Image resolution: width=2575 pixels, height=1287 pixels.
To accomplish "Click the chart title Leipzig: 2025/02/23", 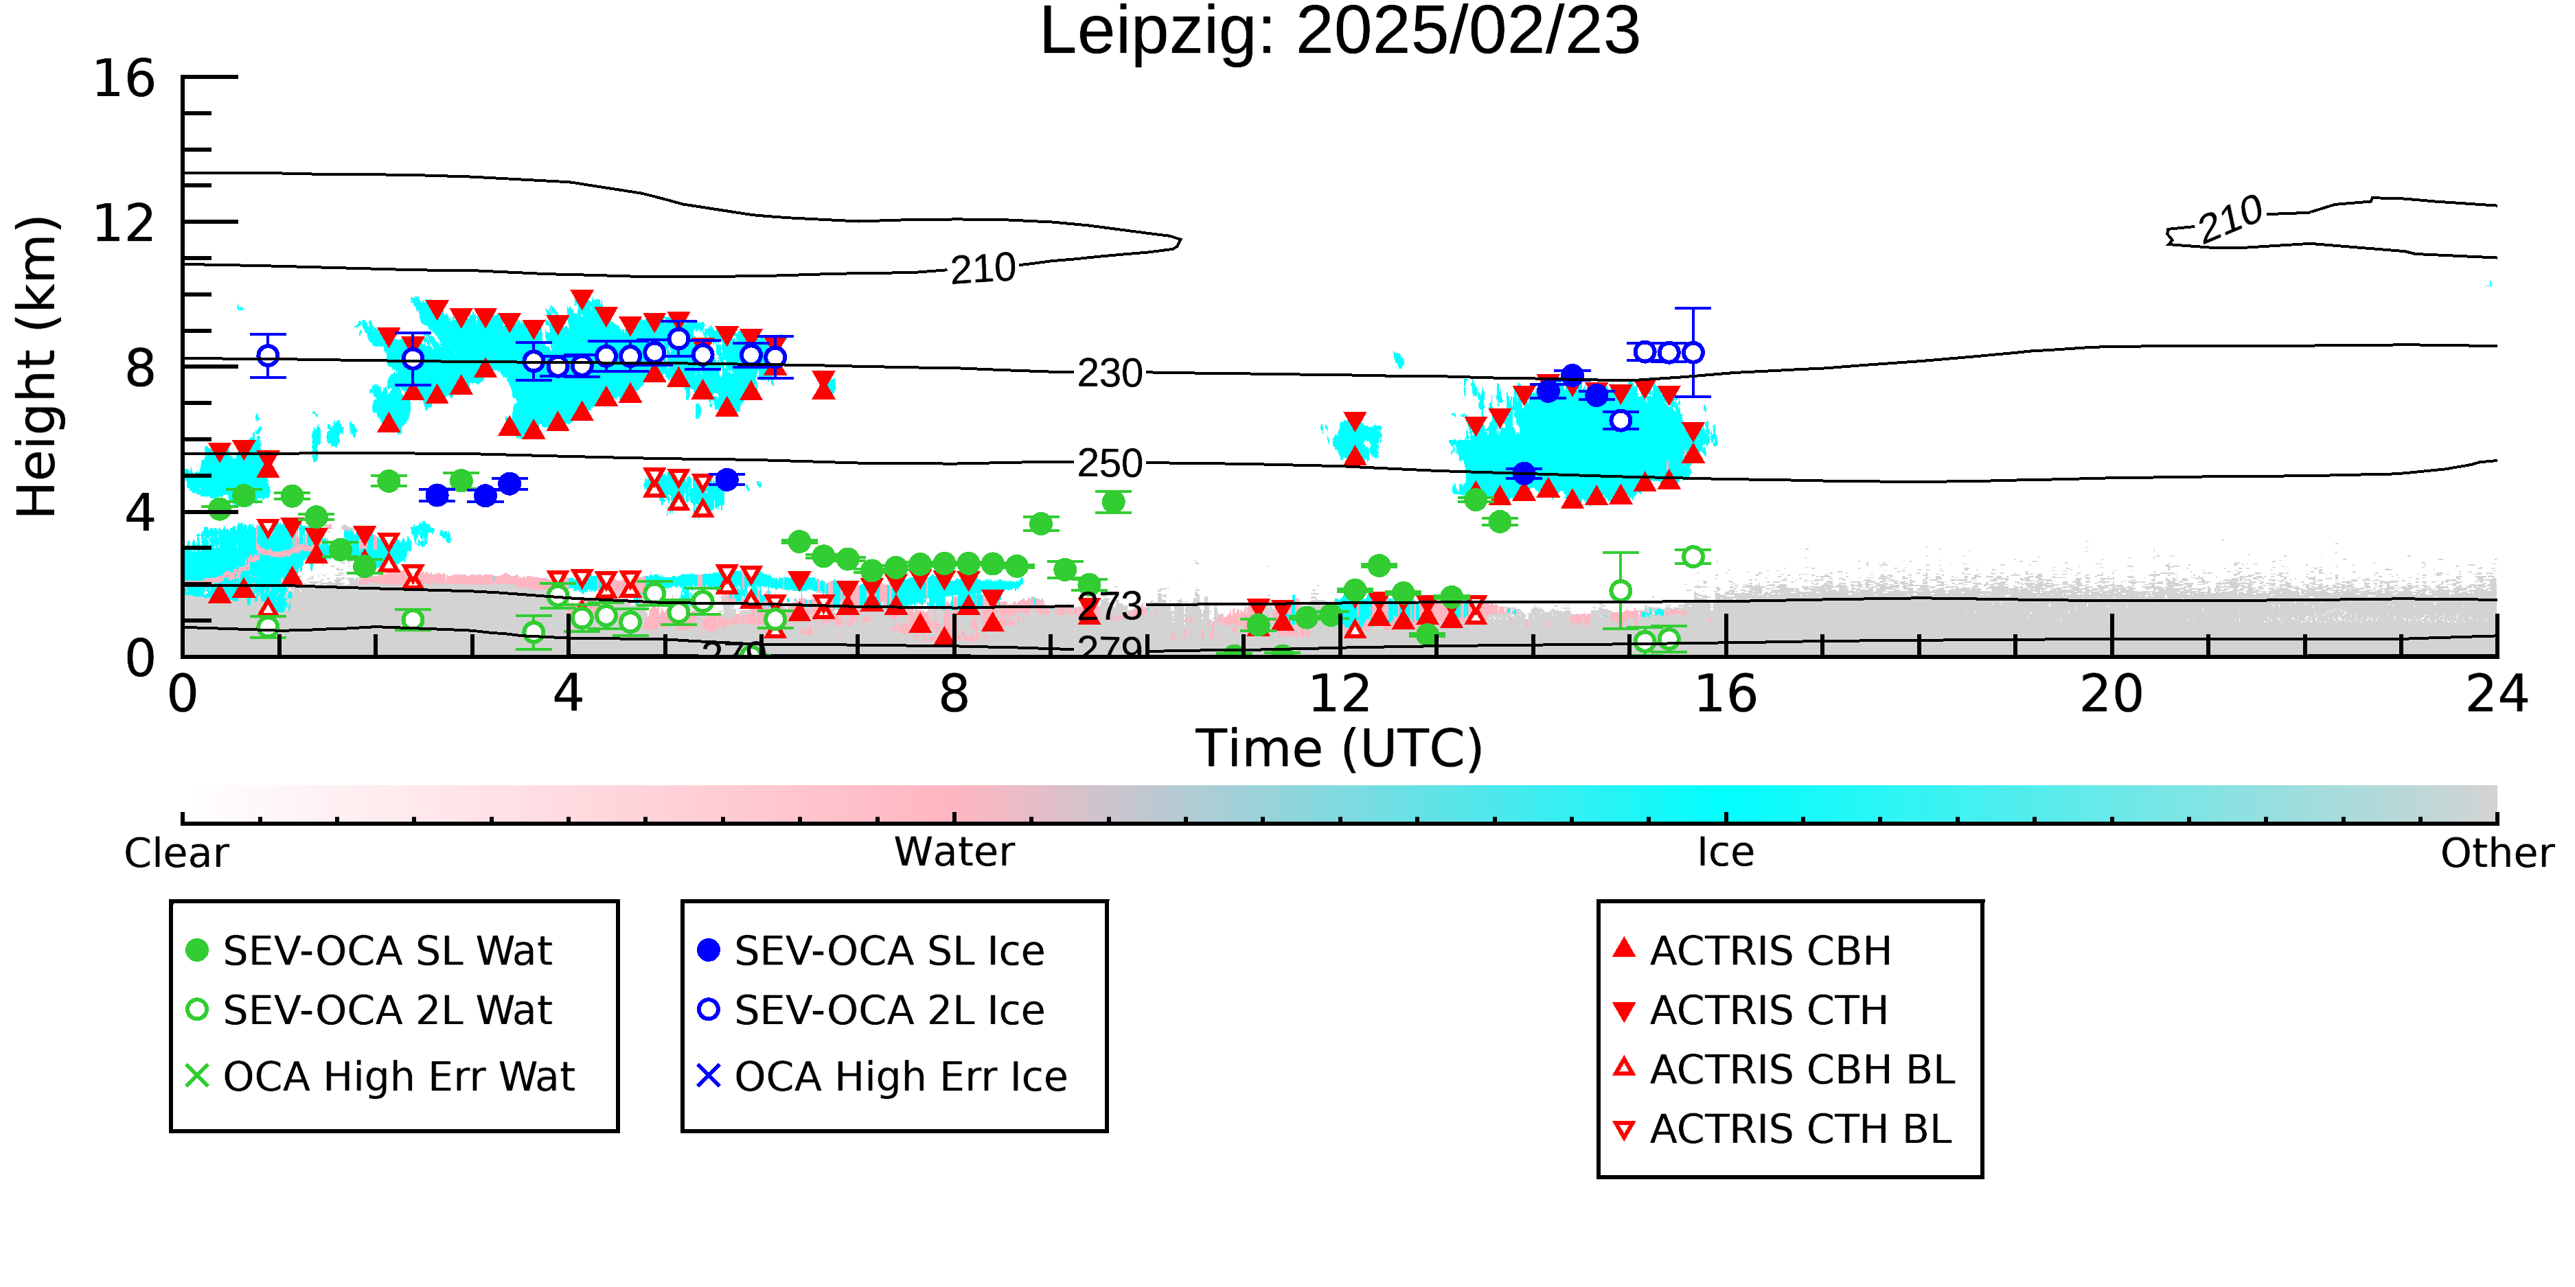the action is [x=1340, y=32].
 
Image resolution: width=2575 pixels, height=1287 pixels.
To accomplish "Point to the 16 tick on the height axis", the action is [x=124, y=78].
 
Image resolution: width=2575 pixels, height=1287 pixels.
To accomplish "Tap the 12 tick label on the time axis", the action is [x=1340, y=693].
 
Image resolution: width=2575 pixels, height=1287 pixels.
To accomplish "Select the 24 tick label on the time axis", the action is [x=2497, y=693].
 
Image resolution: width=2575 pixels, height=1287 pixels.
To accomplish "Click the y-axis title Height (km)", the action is [x=38, y=367].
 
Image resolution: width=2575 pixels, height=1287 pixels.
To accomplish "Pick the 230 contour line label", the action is [x=1110, y=373].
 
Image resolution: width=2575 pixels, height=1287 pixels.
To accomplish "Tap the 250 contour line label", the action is [x=1110, y=463].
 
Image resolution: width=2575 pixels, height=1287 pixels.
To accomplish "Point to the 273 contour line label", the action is [x=1110, y=607].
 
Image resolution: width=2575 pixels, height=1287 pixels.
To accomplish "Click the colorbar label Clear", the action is [x=176, y=853].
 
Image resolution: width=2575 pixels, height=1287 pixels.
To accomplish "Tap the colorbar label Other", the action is [x=2497, y=853].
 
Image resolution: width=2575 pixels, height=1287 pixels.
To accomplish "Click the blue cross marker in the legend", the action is [x=709, y=1076].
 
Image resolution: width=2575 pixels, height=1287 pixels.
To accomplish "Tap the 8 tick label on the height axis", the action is [x=141, y=369].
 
